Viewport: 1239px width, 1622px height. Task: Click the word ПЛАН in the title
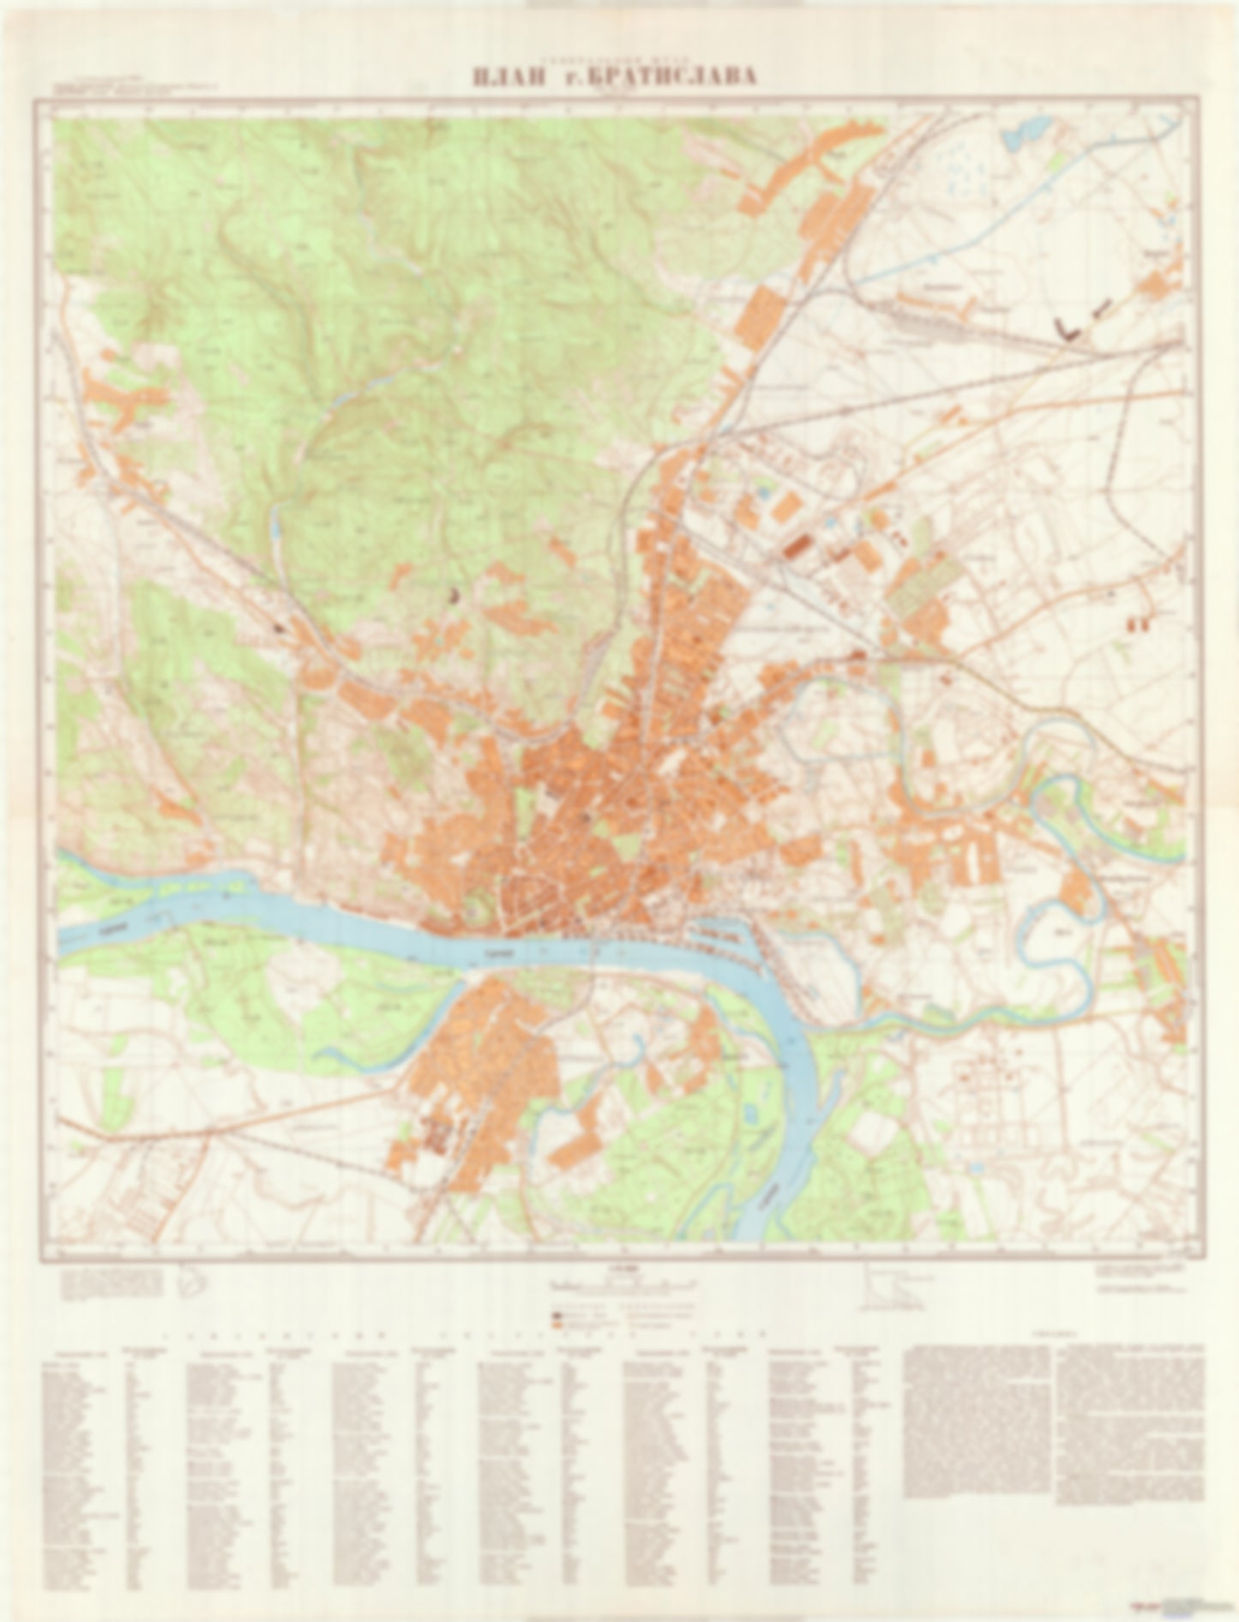(508, 77)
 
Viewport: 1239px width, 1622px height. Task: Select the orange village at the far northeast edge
(1162, 283)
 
